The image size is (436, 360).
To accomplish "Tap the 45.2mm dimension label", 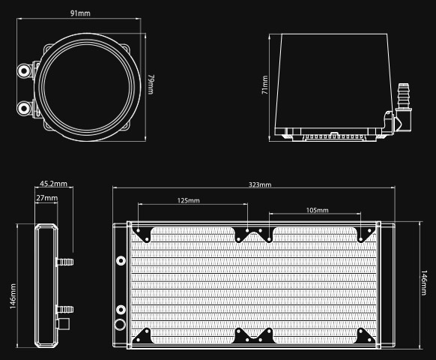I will (x=53, y=183).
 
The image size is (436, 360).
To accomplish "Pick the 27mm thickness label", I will (x=46, y=198).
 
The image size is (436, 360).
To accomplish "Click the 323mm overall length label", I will (x=260, y=184).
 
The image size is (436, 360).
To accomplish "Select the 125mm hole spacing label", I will (x=189, y=201).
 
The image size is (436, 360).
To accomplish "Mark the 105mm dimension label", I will (x=318, y=211).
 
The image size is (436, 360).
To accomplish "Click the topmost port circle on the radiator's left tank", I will (x=120, y=262).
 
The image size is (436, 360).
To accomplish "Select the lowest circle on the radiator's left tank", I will (x=120, y=326).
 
